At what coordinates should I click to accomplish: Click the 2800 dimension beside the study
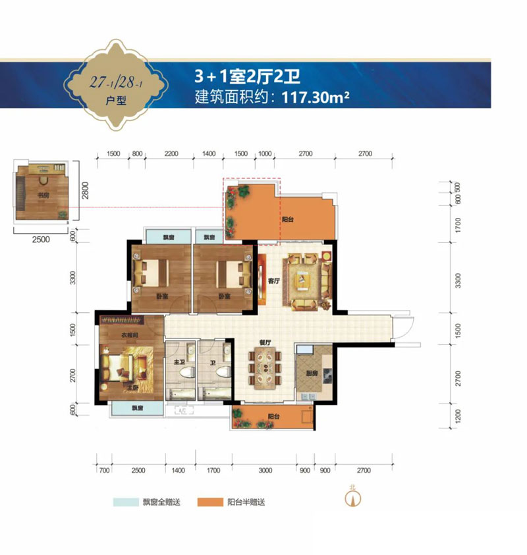pyautogui.click(x=85, y=190)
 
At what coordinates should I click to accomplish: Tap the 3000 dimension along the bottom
pyautogui.click(x=265, y=470)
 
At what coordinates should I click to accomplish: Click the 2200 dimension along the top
pyautogui.click(x=172, y=153)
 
